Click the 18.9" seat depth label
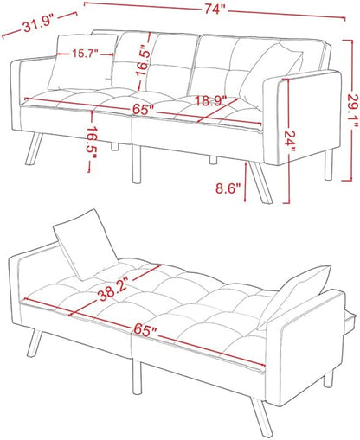(x=207, y=100)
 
